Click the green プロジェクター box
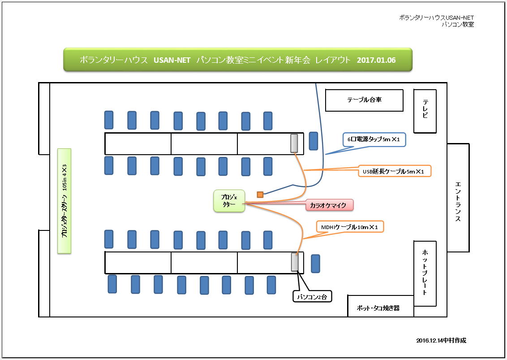coord(229,201)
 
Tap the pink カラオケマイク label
coord(330,205)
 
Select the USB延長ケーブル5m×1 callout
coord(395,171)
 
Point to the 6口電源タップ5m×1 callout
coord(374,139)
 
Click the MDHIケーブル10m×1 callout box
coord(350,227)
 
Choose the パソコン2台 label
coord(312,296)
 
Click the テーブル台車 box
coord(364,100)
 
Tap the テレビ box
coord(425,111)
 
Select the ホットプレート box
coord(425,273)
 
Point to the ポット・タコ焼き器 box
coord(381,306)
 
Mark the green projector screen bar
coord(64,201)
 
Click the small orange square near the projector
coord(260,195)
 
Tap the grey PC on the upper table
coord(294,143)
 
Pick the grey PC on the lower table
coord(295,262)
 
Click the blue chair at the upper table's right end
coord(314,141)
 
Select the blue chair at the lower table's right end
coord(315,264)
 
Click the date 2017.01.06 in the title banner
coord(376,60)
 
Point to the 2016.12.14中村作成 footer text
coord(441,340)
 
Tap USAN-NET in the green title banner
coord(172,60)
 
